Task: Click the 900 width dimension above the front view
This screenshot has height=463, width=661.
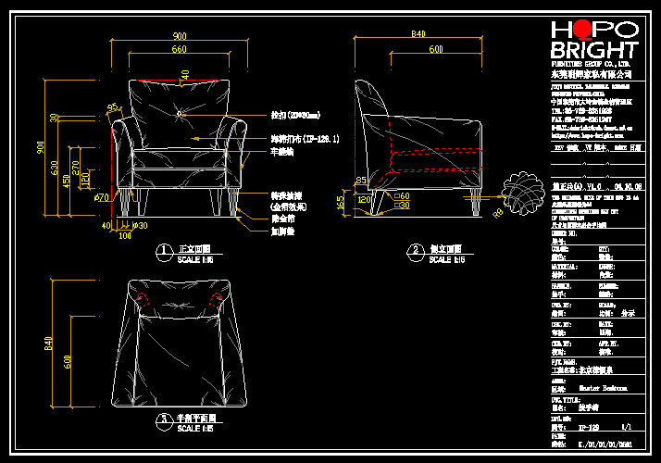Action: click(179, 36)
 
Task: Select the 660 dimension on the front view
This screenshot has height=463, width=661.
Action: click(179, 49)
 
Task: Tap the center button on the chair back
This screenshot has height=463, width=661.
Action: click(179, 113)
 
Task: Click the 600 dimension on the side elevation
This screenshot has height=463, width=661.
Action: click(435, 48)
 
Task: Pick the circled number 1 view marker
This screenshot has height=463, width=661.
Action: click(163, 249)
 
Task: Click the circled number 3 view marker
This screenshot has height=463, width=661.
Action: click(163, 419)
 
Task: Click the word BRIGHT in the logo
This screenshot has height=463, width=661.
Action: click(593, 50)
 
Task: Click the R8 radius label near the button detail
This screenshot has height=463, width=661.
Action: click(501, 213)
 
